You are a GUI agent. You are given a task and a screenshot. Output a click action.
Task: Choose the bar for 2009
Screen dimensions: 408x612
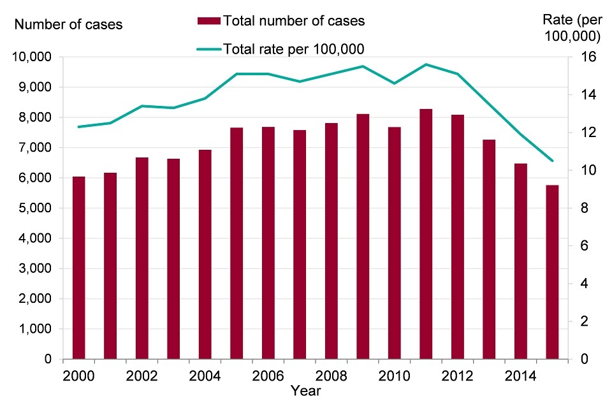tap(363, 237)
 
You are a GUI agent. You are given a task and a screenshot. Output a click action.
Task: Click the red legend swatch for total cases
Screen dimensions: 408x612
tap(209, 21)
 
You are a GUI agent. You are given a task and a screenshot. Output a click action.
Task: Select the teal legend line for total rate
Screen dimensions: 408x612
tap(209, 49)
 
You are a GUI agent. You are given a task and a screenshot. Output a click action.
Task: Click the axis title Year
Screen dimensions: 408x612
tap(305, 390)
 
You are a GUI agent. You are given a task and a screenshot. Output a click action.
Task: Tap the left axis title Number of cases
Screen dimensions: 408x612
tap(68, 25)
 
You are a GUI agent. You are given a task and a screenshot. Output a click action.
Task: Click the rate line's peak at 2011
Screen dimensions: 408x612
tap(426, 64)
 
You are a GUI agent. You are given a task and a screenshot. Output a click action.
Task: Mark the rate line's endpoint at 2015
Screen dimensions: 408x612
tap(552, 161)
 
